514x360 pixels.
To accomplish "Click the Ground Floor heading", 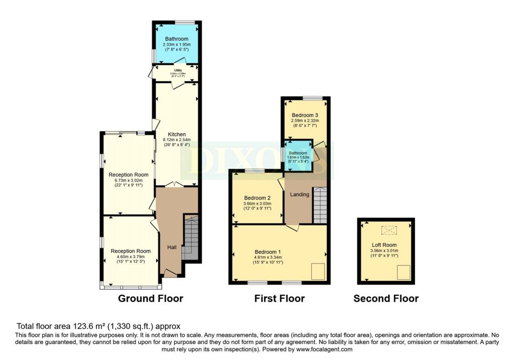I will point(150,299).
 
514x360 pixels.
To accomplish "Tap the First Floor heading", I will point(279,299).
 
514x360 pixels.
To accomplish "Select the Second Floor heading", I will point(385,299).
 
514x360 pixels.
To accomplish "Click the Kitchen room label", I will point(177,135).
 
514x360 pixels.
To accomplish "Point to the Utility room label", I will point(177,70).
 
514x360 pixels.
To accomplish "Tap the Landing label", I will point(299,194).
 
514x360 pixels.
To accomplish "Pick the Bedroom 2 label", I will point(258,197).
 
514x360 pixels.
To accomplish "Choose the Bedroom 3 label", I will point(305,115).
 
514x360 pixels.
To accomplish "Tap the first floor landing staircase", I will point(320,205).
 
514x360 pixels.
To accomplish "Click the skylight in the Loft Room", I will point(389,230).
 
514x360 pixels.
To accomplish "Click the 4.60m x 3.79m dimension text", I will point(131,257).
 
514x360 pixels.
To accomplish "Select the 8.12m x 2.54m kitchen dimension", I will point(177,140).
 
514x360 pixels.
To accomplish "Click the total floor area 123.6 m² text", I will point(98,326).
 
